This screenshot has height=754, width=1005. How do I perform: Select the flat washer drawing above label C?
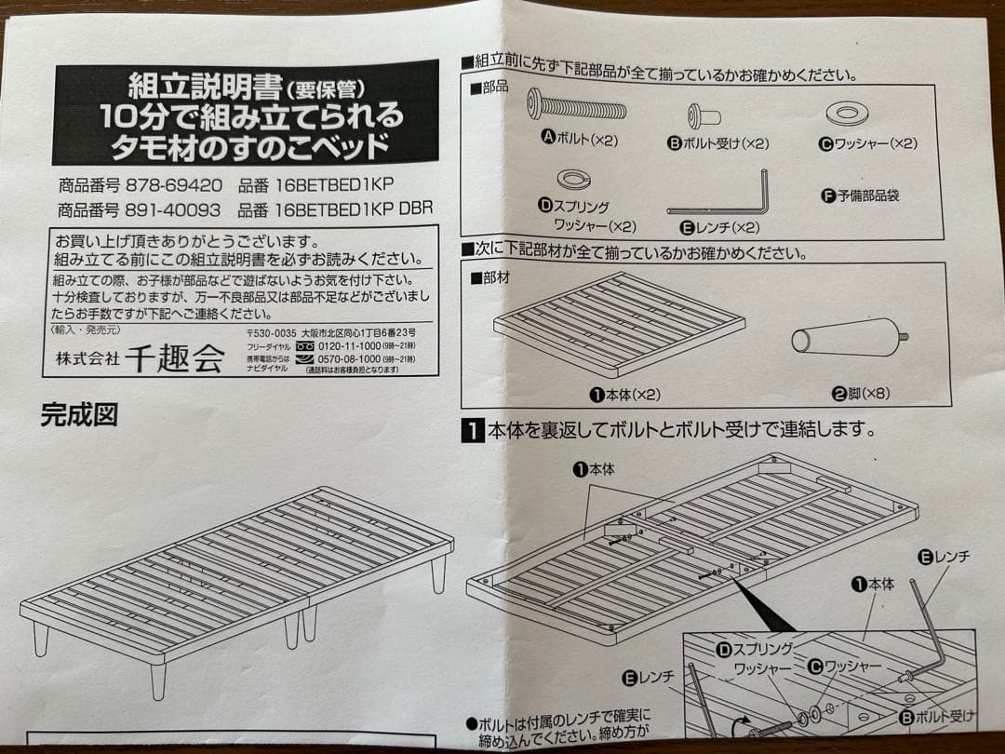(x=847, y=114)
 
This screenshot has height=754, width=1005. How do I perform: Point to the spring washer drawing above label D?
(x=569, y=178)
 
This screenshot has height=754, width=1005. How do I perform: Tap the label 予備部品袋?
(x=860, y=195)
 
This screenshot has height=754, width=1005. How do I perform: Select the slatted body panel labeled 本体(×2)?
(x=619, y=322)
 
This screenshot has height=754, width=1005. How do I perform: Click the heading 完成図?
(x=79, y=414)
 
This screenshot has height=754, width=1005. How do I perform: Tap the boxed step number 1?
(x=473, y=431)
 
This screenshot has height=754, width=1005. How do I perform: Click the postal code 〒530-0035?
(x=272, y=332)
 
